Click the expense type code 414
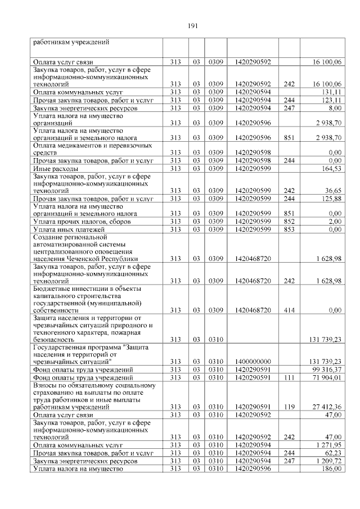coord(289,309)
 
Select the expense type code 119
coord(289,407)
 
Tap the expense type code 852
coord(289,222)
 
